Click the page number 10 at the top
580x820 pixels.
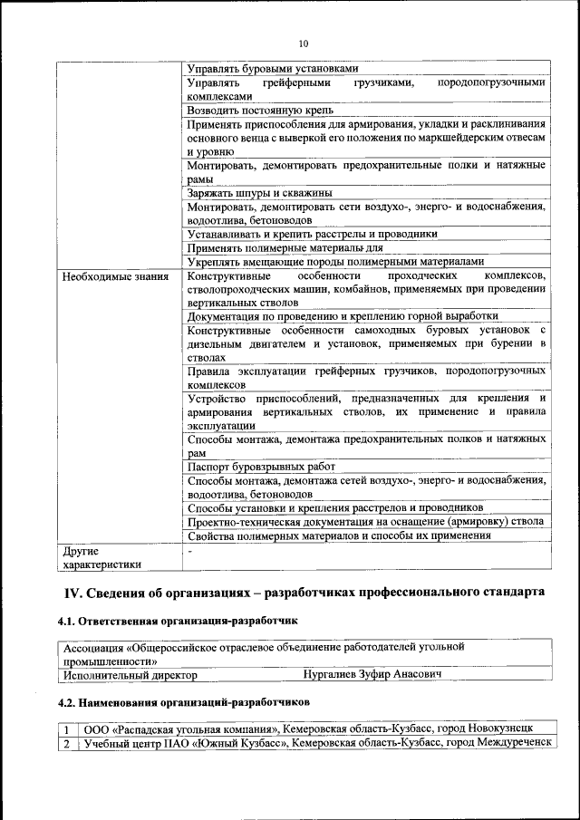[303, 43]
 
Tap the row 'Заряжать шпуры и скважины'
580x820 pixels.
[259, 193]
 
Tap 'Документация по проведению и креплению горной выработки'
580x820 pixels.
[343, 316]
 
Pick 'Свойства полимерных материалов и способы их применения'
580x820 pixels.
[339, 535]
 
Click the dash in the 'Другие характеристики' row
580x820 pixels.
[189, 550]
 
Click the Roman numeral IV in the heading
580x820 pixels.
[72, 592]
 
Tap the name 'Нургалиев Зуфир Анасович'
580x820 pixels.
[372, 675]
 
